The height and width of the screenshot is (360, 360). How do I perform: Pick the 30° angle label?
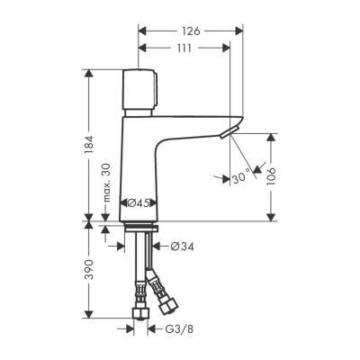tap(240, 178)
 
